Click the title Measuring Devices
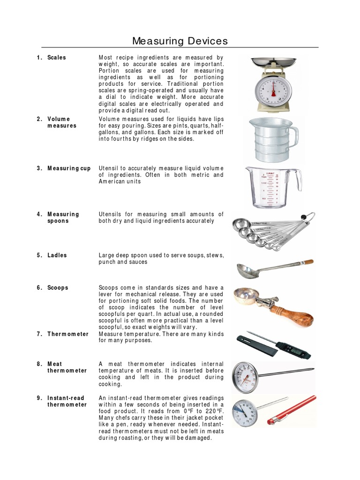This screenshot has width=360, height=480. pyautogui.click(x=180, y=41)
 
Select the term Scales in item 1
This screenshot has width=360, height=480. pyautogui.click(x=56, y=58)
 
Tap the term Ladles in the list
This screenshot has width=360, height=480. pyautogui.click(x=57, y=255)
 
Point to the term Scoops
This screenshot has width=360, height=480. pyautogui.click(x=58, y=288)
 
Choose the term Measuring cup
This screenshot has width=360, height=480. pyautogui.click(x=69, y=168)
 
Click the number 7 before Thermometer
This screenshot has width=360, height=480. pyautogui.click(x=39, y=334)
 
